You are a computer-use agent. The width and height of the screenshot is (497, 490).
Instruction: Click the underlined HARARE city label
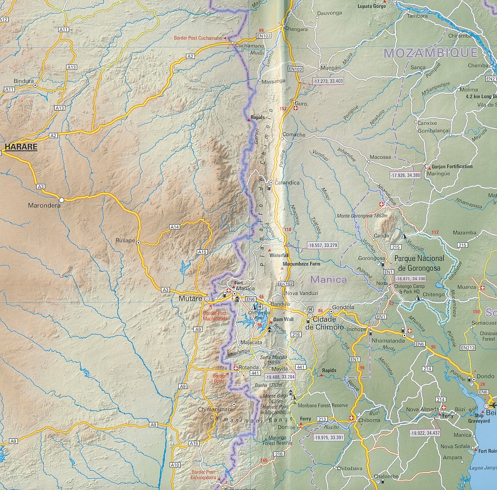click(x=21, y=147)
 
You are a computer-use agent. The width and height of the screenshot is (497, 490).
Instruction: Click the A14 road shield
click(x=174, y=227)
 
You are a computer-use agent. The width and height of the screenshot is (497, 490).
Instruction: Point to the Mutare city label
click(x=190, y=299)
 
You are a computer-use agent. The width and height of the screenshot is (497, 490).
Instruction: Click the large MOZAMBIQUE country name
click(x=431, y=53)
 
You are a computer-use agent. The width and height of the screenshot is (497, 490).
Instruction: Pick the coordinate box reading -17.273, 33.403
click(x=328, y=81)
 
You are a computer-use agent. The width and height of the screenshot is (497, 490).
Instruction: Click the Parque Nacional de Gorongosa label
click(x=419, y=263)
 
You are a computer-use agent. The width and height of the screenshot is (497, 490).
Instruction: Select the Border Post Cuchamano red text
click(x=198, y=38)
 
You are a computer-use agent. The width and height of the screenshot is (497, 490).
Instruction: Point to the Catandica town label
click(x=287, y=182)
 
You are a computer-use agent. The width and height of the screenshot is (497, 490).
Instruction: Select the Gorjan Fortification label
click(x=452, y=166)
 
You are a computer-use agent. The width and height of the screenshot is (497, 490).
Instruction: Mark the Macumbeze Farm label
click(x=301, y=264)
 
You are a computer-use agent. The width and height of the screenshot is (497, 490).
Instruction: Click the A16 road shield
click(x=194, y=443)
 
